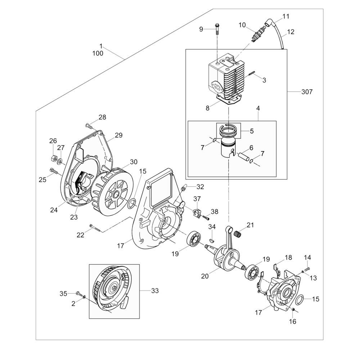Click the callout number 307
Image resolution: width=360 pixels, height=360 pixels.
[x=307, y=92]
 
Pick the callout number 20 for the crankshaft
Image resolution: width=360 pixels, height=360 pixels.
[x=205, y=276]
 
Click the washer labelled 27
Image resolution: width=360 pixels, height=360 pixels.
[x=59, y=159]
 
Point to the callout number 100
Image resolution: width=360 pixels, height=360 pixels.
[x=98, y=53]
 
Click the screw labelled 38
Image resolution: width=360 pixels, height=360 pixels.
[x=206, y=217]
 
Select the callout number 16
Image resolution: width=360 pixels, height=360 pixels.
[x=293, y=321]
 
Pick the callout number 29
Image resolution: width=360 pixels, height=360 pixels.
[x=118, y=135]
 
